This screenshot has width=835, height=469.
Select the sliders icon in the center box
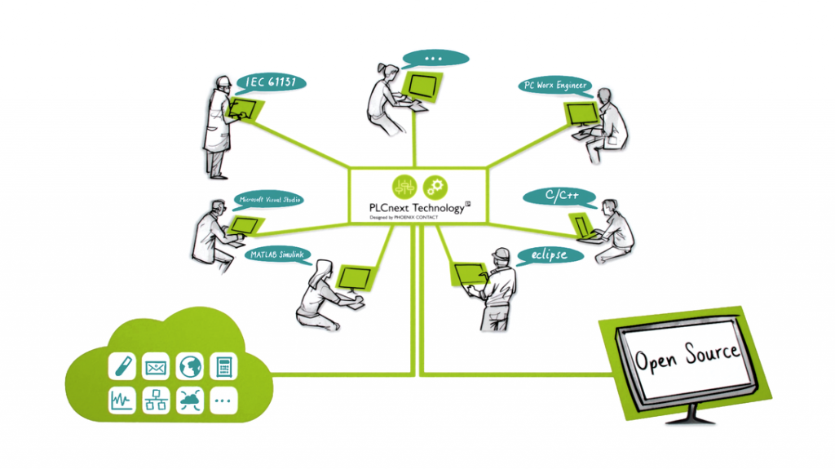[404, 186]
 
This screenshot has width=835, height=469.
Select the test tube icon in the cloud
[121, 366]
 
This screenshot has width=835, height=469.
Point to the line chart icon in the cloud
[121, 400]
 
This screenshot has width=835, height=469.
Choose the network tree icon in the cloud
[156, 400]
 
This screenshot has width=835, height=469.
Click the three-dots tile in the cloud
[223, 400]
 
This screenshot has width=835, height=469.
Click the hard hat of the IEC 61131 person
[222, 82]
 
